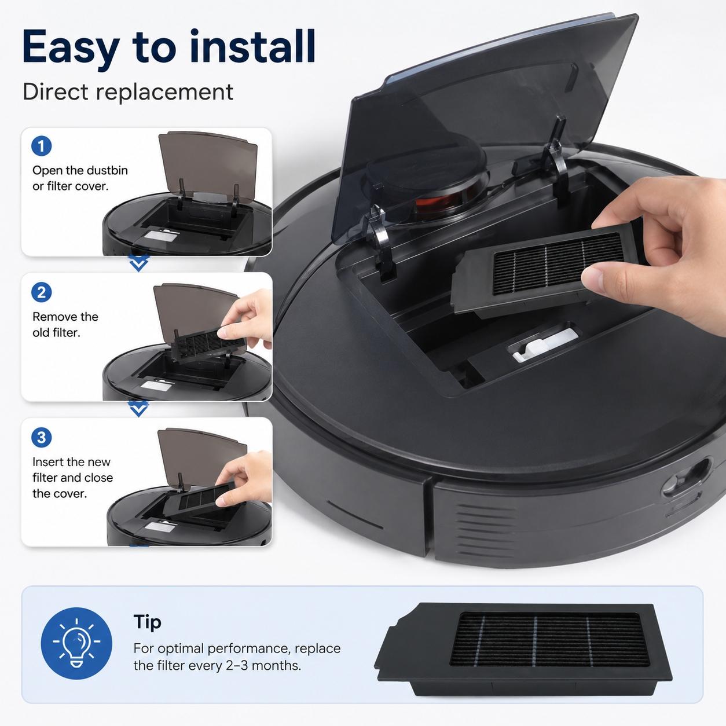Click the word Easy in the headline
pyautogui.click(x=71, y=47)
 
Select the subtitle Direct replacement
pyautogui.click(x=128, y=92)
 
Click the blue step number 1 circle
pyautogui.click(x=42, y=146)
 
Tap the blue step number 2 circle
pyautogui.click(x=42, y=292)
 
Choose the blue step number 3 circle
pyautogui.click(x=42, y=438)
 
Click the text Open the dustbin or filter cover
pyautogui.click(x=80, y=178)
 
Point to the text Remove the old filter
pyautogui.click(x=65, y=324)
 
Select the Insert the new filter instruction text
pyautogui.click(x=72, y=478)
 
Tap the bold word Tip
pyautogui.click(x=147, y=623)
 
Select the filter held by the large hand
pyautogui.click(x=547, y=269)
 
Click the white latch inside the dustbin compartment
pyautogui.click(x=543, y=344)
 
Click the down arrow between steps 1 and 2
pyautogui.click(x=138, y=262)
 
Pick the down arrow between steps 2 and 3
pyautogui.click(x=138, y=408)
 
